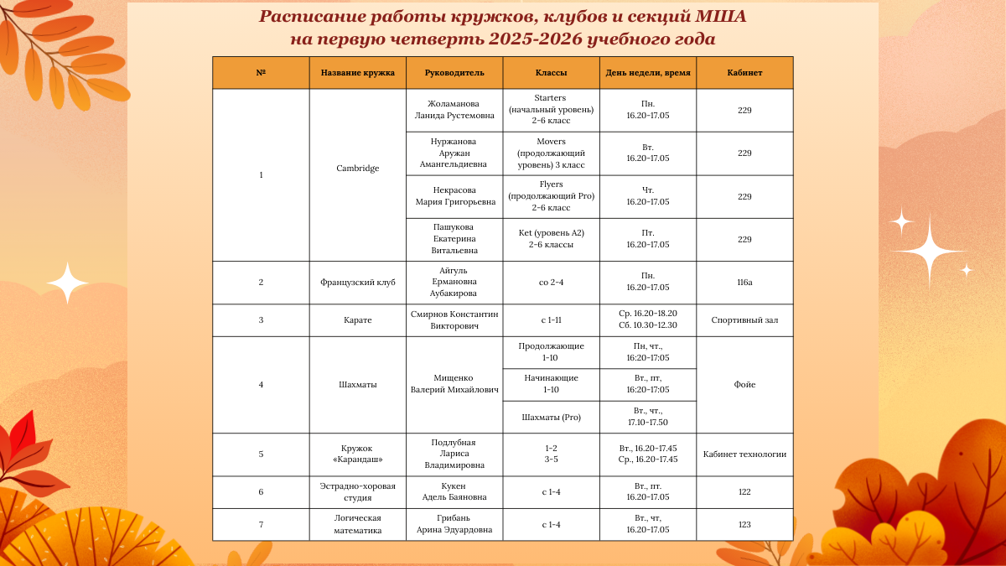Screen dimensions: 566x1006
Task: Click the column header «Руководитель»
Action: tap(454, 73)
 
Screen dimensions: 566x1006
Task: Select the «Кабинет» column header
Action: tap(744, 73)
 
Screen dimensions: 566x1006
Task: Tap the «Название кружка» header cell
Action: tap(357, 73)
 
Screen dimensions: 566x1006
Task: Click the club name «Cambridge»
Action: tap(357, 169)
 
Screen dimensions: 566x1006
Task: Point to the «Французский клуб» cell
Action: tap(357, 282)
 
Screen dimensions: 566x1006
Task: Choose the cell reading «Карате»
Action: tap(357, 319)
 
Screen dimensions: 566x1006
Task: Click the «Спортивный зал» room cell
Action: tap(744, 319)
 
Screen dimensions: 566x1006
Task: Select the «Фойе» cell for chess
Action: tap(744, 385)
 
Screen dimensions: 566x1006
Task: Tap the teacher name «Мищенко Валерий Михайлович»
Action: tap(454, 384)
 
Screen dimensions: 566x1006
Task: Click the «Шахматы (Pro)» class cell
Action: tap(551, 417)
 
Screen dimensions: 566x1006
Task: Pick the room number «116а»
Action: tap(744, 282)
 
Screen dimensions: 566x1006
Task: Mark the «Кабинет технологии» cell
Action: tap(744, 454)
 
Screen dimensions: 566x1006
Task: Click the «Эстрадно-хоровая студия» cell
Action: tap(357, 491)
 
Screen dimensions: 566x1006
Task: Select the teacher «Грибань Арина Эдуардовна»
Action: tap(454, 524)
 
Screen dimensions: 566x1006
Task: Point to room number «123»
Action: tap(744, 524)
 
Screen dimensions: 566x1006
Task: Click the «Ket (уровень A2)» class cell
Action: tap(551, 238)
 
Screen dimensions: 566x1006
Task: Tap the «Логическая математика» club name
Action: tap(357, 524)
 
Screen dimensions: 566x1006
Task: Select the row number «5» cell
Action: tap(261, 454)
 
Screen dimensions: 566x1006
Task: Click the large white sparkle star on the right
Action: tap(927, 251)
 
